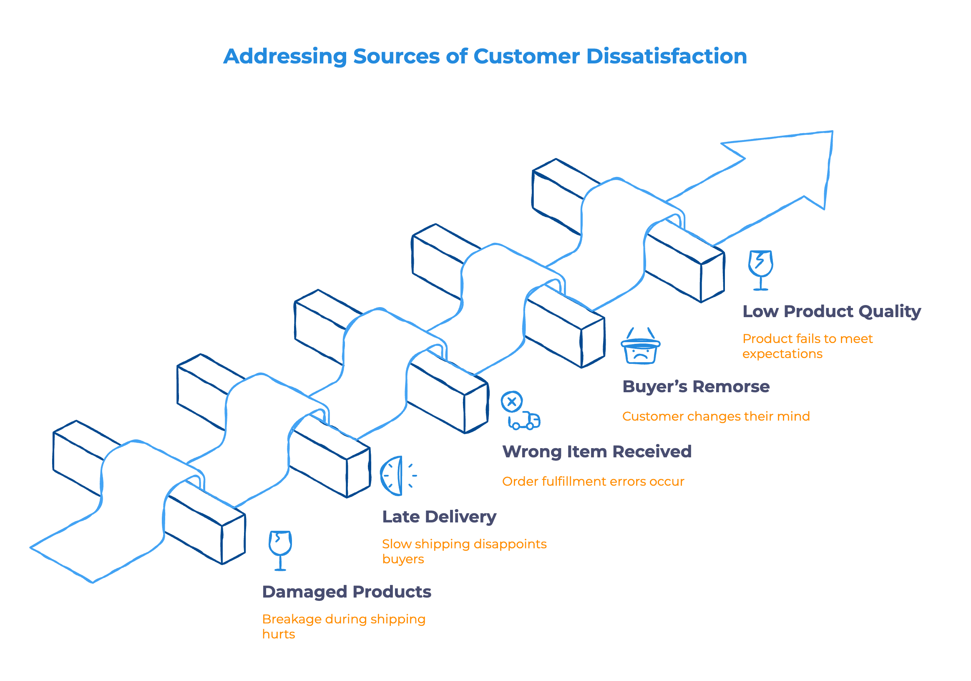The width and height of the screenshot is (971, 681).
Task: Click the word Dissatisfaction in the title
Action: [x=667, y=56]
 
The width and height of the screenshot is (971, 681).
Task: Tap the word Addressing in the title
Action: [x=284, y=56]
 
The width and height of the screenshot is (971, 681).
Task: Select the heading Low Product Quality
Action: [x=831, y=311]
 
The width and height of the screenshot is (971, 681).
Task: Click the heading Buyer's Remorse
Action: [x=696, y=386]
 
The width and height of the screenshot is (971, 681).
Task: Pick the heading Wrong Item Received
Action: [x=596, y=452]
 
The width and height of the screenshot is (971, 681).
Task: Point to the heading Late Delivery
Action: [x=439, y=517]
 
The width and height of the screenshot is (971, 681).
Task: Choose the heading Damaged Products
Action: [x=346, y=592]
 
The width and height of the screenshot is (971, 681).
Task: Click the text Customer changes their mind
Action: [x=716, y=416]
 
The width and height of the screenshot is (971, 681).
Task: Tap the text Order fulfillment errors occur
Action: [x=593, y=482]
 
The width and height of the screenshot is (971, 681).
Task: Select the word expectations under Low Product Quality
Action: [x=782, y=354]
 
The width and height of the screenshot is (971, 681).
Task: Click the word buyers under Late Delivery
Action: [x=402, y=559]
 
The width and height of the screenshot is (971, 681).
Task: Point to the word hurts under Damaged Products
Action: [x=278, y=634]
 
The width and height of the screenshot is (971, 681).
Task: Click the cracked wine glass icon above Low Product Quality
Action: [x=760, y=270]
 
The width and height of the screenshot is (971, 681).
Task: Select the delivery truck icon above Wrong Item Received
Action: [x=525, y=421]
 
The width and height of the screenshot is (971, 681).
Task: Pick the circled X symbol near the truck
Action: [x=512, y=401]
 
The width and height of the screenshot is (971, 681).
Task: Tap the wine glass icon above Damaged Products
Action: [x=280, y=550]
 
